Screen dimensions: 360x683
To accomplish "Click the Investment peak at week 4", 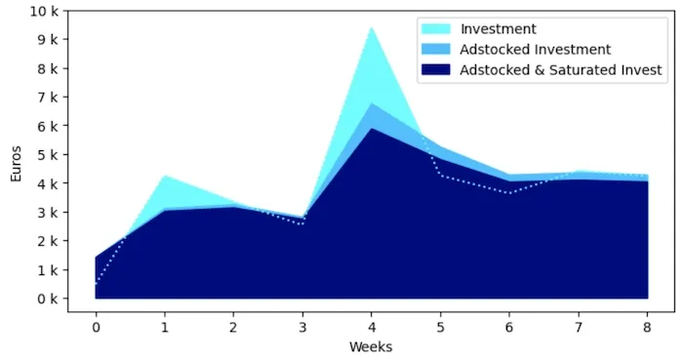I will click(372, 28).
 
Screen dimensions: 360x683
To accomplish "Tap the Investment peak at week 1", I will click(165, 176).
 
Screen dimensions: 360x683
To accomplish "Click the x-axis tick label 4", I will click(372, 326).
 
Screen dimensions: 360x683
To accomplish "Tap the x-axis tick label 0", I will click(96, 326).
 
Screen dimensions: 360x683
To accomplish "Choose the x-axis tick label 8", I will click(647, 326).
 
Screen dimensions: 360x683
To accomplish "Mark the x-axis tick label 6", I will click(509, 326).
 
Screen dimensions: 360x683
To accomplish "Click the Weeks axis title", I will click(371, 346).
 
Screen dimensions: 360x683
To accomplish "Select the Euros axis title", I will click(16, 162).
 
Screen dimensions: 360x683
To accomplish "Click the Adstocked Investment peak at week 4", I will click(372, 103).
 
